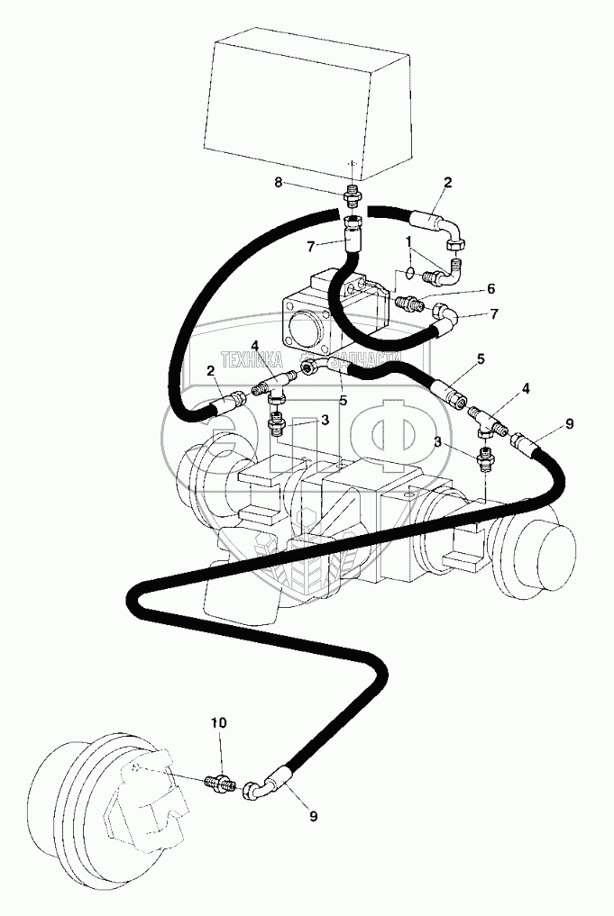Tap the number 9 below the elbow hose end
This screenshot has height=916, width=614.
click(x=314, y=817)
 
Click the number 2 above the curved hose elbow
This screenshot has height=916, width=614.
click(x=447, y=184)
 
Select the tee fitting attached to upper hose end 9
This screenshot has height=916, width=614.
click(x=487, y=418)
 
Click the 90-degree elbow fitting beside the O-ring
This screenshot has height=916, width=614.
click(x=448, y=267)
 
